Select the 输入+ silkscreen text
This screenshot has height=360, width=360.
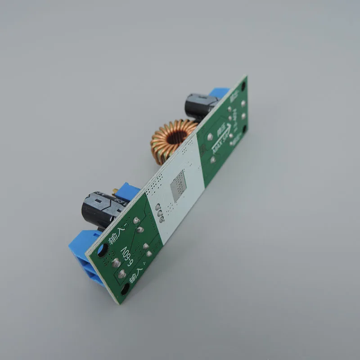tap(137, 274)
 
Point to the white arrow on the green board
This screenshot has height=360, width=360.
tap(212, 137)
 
